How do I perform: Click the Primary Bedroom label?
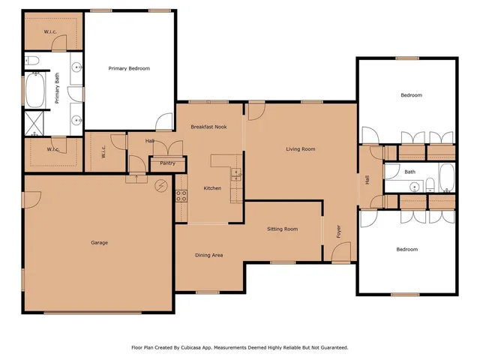tap(129, 68)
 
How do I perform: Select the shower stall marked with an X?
tap(34, 122)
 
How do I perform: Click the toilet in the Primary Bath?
tap(31, 60)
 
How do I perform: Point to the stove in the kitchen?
tap(181, 196)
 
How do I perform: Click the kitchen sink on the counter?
tap(237, 176)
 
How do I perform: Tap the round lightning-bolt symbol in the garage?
tap(160, 186)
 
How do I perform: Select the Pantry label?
tap(167, 163)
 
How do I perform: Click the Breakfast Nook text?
tap(208, 127)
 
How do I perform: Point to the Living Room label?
tap(300, 149)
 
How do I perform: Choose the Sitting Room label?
tap(283, 229)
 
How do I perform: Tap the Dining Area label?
tap(208, 255)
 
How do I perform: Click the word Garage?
tap(99, 242)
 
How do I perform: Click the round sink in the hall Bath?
tap(414, 186)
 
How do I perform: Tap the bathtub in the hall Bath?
tap(445, 179)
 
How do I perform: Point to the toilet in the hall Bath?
tap(432, 185)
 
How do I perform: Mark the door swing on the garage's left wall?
tap(31, 199)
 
